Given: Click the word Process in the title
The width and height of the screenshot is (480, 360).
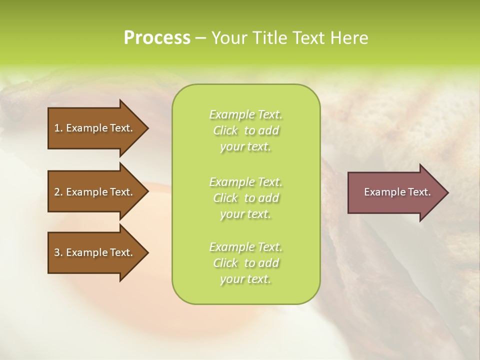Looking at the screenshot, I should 157,38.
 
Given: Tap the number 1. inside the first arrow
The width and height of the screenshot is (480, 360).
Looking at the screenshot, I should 58,128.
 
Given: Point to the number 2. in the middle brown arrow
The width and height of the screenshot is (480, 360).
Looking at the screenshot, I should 58,192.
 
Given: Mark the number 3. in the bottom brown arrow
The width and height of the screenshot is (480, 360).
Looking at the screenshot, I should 58,252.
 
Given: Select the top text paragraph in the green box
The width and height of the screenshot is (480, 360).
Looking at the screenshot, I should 246,130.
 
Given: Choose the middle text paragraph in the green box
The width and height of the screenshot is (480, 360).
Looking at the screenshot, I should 246,198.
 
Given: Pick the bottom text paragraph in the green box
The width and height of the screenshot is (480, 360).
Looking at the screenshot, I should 246,263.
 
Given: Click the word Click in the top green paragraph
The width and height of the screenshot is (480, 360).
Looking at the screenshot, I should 225,130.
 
